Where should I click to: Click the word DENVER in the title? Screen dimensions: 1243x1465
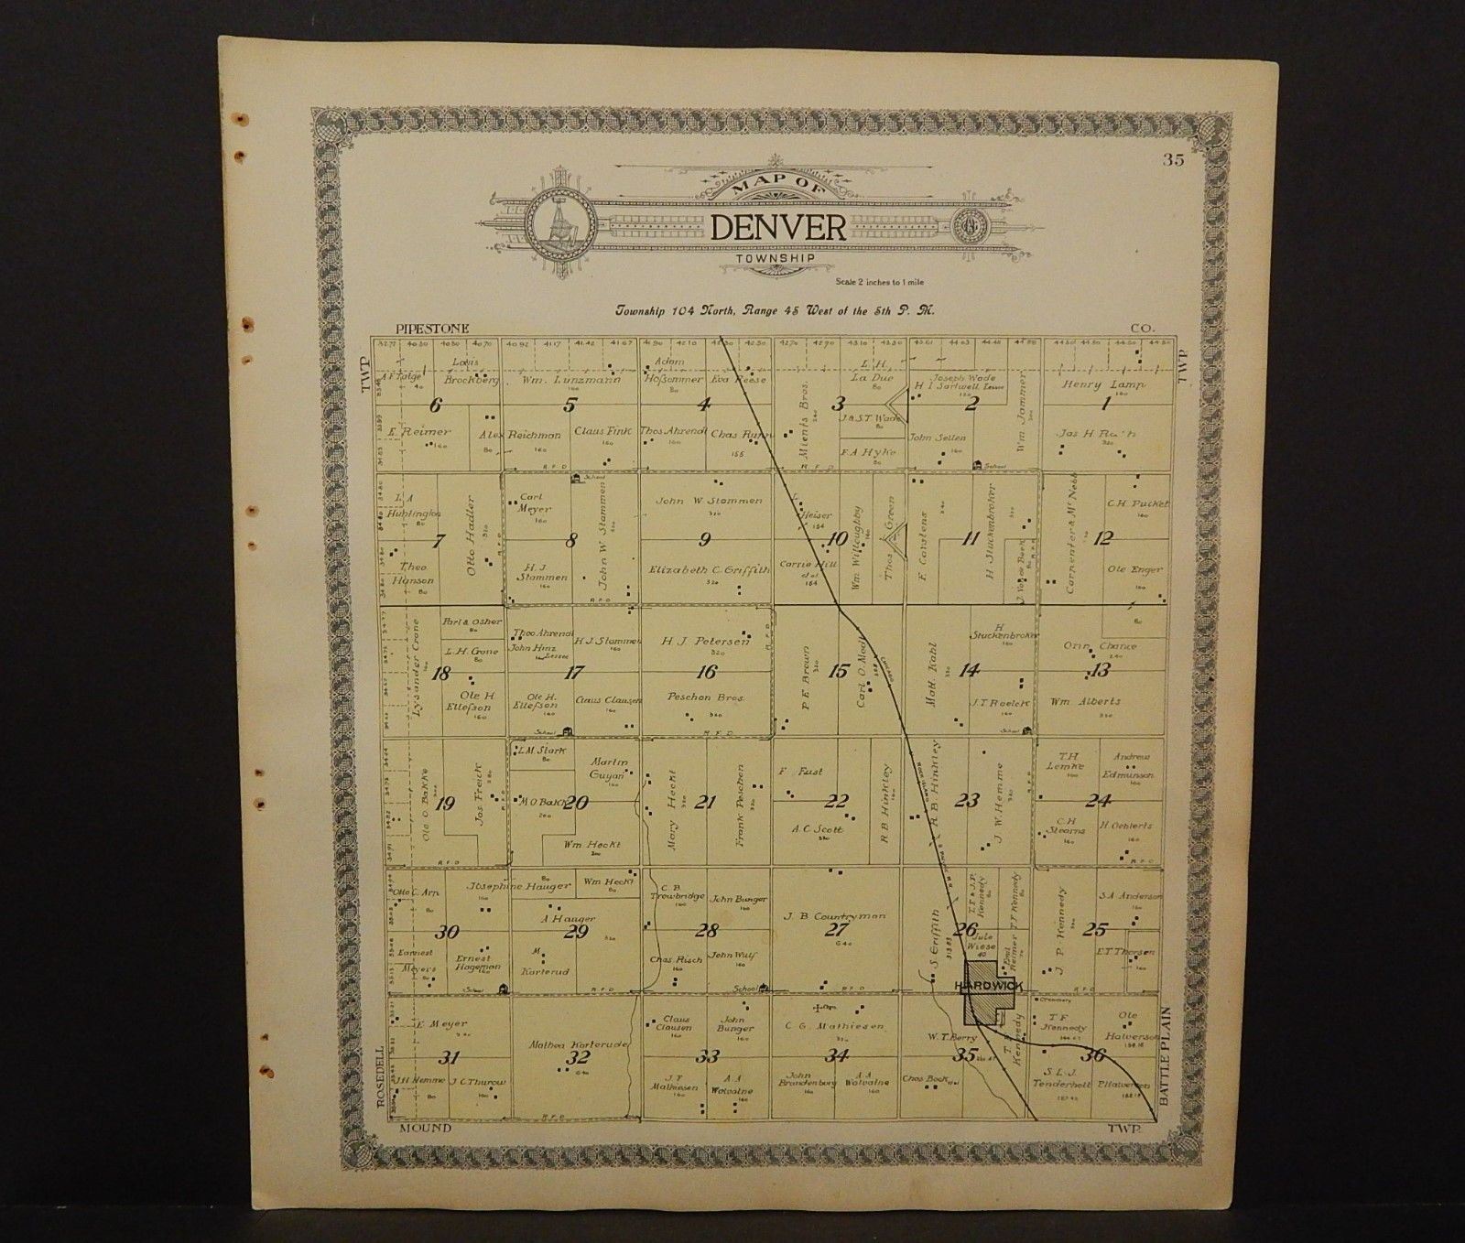coord(778,227)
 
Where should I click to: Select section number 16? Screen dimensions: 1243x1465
coord(705,671)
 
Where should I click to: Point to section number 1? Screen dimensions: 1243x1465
coord(1106,404)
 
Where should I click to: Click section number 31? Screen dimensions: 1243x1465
coord(448,1058)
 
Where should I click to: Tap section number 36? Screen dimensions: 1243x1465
coord(1094,1054)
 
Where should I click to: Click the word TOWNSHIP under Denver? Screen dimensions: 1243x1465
coord(777,259)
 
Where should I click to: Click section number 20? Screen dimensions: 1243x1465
coord(576,803)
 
